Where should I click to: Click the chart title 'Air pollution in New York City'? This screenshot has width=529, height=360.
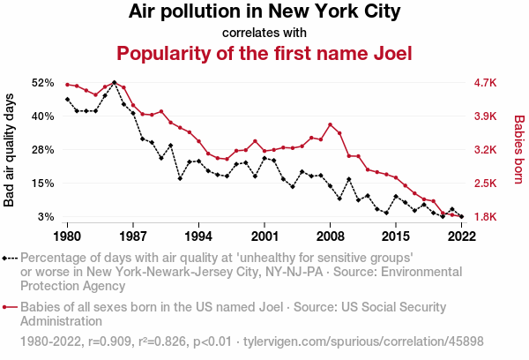[264, 12]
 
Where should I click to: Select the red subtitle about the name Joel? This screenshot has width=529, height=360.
[264, 54]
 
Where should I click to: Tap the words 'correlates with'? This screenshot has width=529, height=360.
[264, 33]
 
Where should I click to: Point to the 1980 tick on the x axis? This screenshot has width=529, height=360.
[67, 236]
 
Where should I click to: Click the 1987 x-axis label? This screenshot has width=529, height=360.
[133, 236]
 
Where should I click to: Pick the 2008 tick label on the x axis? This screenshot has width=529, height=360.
[330, 236]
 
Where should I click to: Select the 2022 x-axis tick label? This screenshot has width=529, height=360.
[461, 236]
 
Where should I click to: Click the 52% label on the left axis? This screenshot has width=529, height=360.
[42, 83]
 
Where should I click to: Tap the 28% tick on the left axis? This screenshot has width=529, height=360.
[42, 150]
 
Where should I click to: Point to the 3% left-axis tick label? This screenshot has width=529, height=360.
[46, 217]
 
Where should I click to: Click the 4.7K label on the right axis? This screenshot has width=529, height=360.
[486, 83]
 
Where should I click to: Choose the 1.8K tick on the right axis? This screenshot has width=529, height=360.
[486, 217]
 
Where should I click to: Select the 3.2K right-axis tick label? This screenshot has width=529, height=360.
[486, 150]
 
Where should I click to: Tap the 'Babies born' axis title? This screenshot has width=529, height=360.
[519, 150]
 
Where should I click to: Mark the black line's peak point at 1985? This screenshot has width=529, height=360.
[114, 82]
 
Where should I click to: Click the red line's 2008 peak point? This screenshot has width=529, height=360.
[330, 124]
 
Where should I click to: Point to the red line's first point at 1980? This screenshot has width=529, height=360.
[67, 85]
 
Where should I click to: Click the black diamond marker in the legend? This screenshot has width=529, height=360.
[8, 258]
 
